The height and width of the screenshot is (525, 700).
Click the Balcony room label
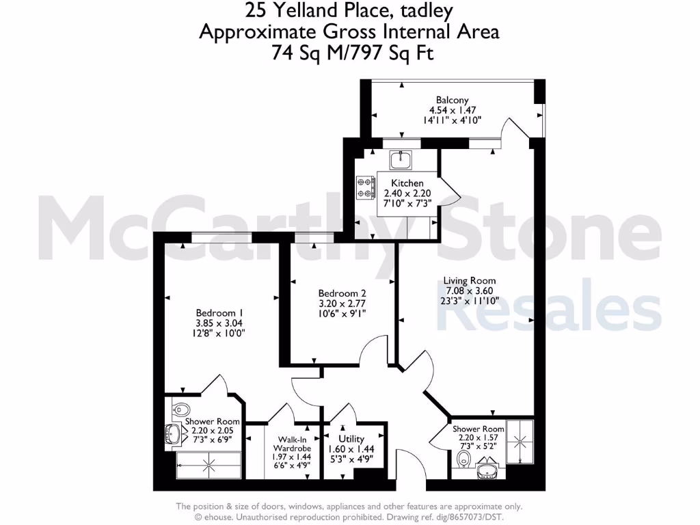tap(452, 100)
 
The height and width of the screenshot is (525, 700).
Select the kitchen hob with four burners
tap(364, 187)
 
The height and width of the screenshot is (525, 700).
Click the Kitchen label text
tap(407, 183)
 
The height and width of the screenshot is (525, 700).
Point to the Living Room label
tap(469, 280)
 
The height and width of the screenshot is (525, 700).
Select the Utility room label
tap(351, 438)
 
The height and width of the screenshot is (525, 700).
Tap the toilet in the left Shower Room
tap(180, 410)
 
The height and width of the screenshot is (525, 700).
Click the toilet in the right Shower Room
tap(466, 457)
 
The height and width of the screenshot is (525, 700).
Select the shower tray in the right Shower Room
tap(518, 438)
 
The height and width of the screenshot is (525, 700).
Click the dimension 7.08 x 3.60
tap(469, 290)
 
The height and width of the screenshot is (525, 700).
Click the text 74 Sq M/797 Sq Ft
tap(349, 53)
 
